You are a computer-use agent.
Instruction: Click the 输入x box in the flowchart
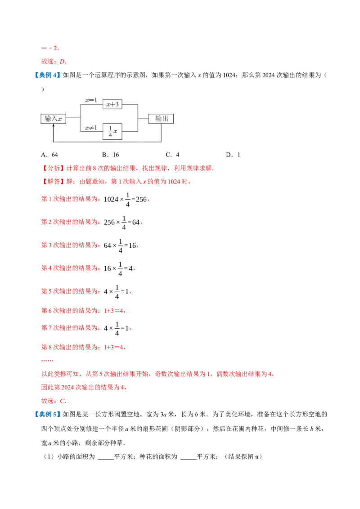pos(54,119)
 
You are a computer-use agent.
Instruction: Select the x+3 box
pos(112,104)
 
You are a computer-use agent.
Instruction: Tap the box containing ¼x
pos(112,131)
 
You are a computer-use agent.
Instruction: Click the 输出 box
pos(162,119)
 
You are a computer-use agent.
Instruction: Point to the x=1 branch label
pos(91,100)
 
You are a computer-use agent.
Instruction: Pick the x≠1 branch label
pos(91,128)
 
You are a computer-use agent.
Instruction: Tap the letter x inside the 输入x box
pos(60,119)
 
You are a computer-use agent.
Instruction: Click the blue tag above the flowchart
pos(47,75)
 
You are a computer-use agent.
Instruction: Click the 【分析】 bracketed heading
pos(53,169)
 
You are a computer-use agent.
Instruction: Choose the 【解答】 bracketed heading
pos(53,183)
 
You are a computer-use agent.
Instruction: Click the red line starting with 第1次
pos(70,199)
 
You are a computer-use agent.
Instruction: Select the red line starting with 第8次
pos(70,347)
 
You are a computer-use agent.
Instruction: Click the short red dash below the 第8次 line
pos(47,361)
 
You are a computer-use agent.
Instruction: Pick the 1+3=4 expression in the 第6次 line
pos(114,311)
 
